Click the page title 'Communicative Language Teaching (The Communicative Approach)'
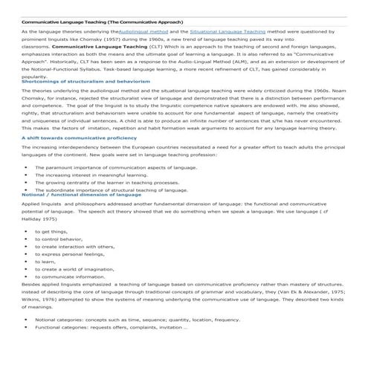pyautogui.click(x=103, y=22)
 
